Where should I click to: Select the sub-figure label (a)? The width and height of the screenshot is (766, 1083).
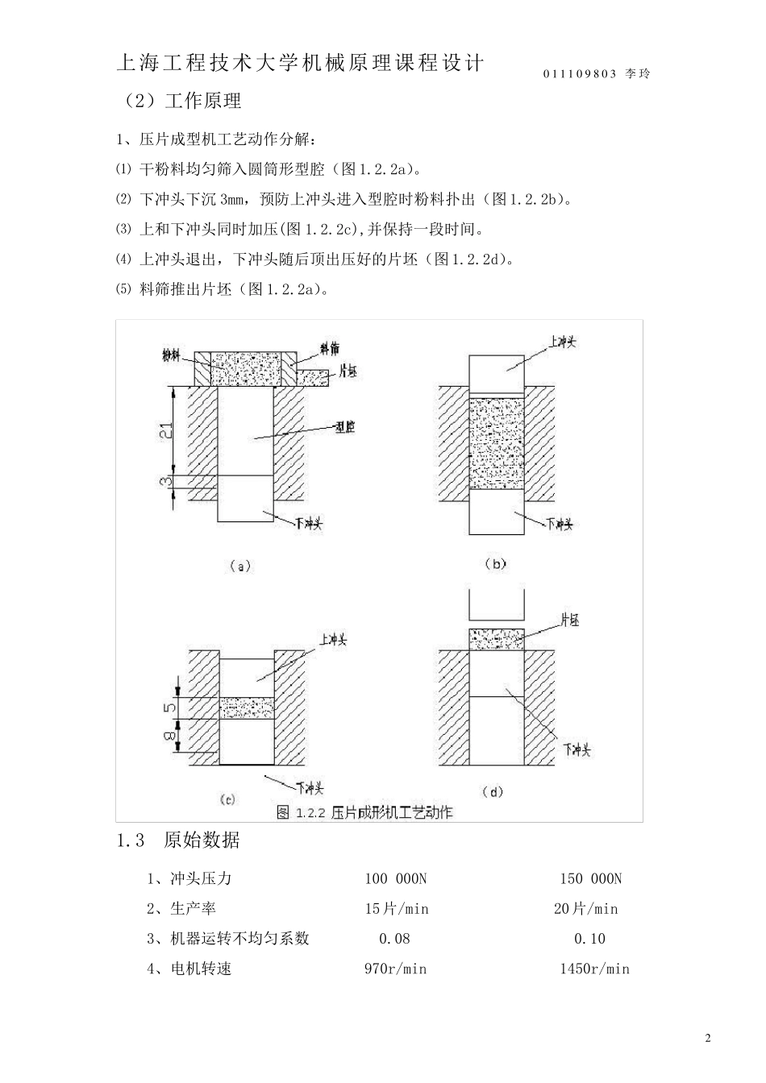tap(240, 566)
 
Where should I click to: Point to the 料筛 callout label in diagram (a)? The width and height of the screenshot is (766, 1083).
tap(329, 348)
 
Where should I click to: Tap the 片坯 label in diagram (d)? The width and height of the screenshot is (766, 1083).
tap(569, 620)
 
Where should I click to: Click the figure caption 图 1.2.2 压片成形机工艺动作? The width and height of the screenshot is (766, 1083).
tap(364, 811)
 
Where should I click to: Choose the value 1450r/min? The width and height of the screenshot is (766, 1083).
tap(594, 969)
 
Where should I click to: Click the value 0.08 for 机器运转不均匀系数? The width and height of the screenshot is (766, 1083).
tap(394, 939)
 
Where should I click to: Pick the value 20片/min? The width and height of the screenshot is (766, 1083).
tap(585, 909)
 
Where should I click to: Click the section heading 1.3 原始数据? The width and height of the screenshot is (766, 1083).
tap(178, 840)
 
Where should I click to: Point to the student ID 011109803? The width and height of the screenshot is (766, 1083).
tap(580, 74)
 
